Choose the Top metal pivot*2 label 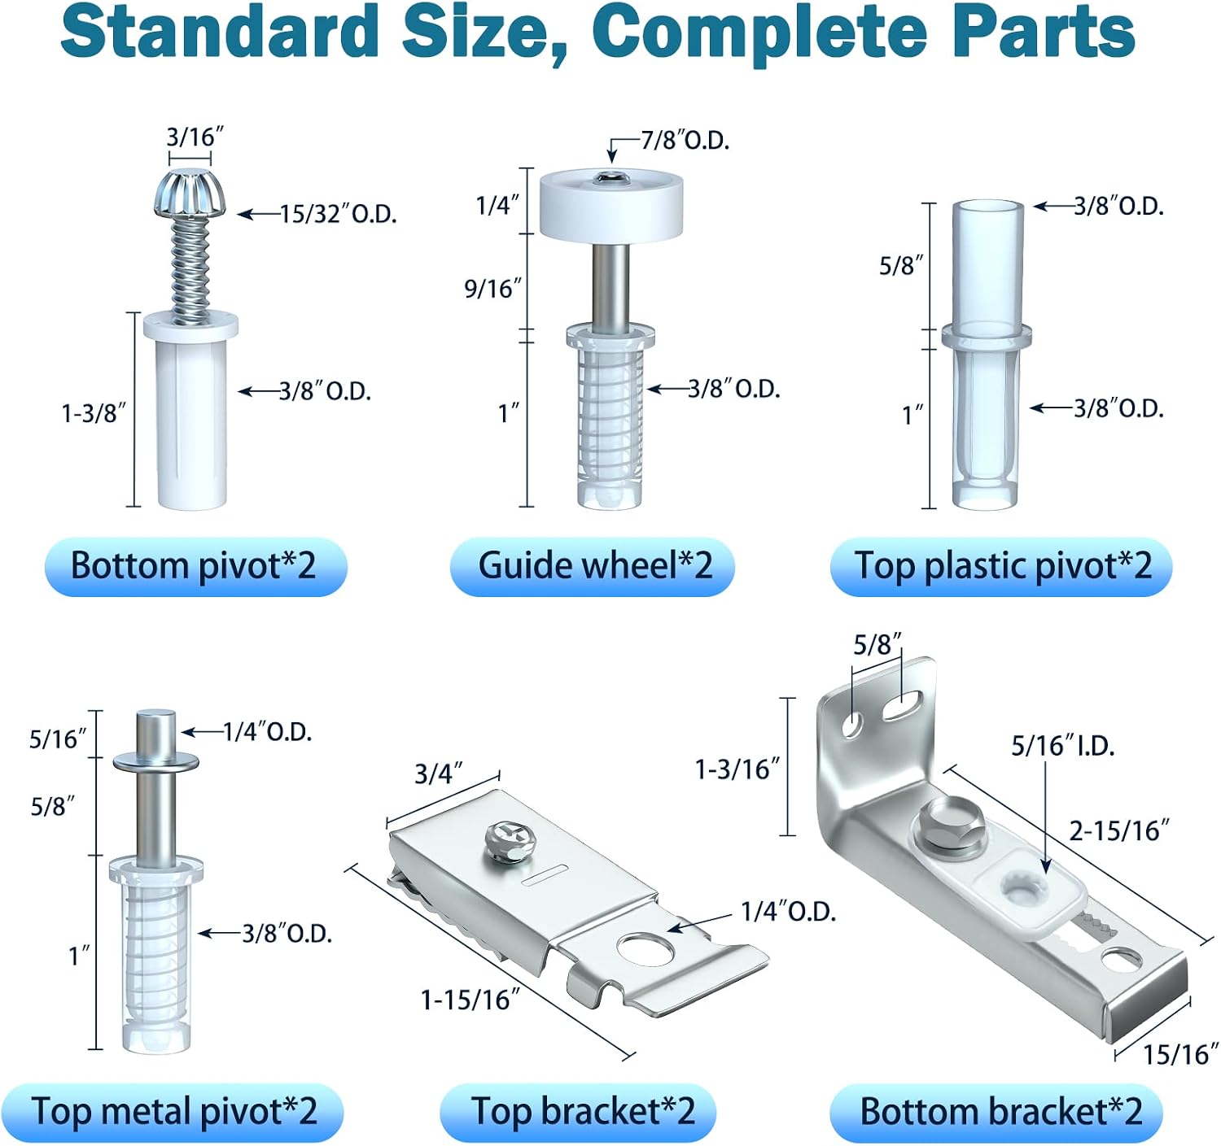pyautogui.click(x=174, y=1111)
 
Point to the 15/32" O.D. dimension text pyautogui.click(x=339, y=215)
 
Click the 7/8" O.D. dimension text pyautogui.click(x=685, y=142)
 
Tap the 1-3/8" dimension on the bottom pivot pyautogui.click(x=93, y=413)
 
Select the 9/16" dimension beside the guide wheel pyautogui.click(x=492, y=288)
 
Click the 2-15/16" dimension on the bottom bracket pyautogui.click(x=1118, y=830)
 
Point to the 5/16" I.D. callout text pyautogui.click(x=1062, y=746)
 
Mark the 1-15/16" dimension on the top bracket pyautogui.click(x=470, y=1000)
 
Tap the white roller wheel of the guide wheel pyautogui.click(x=611, y=205)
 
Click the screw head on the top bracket pyautogui.click(x=510, y=840)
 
